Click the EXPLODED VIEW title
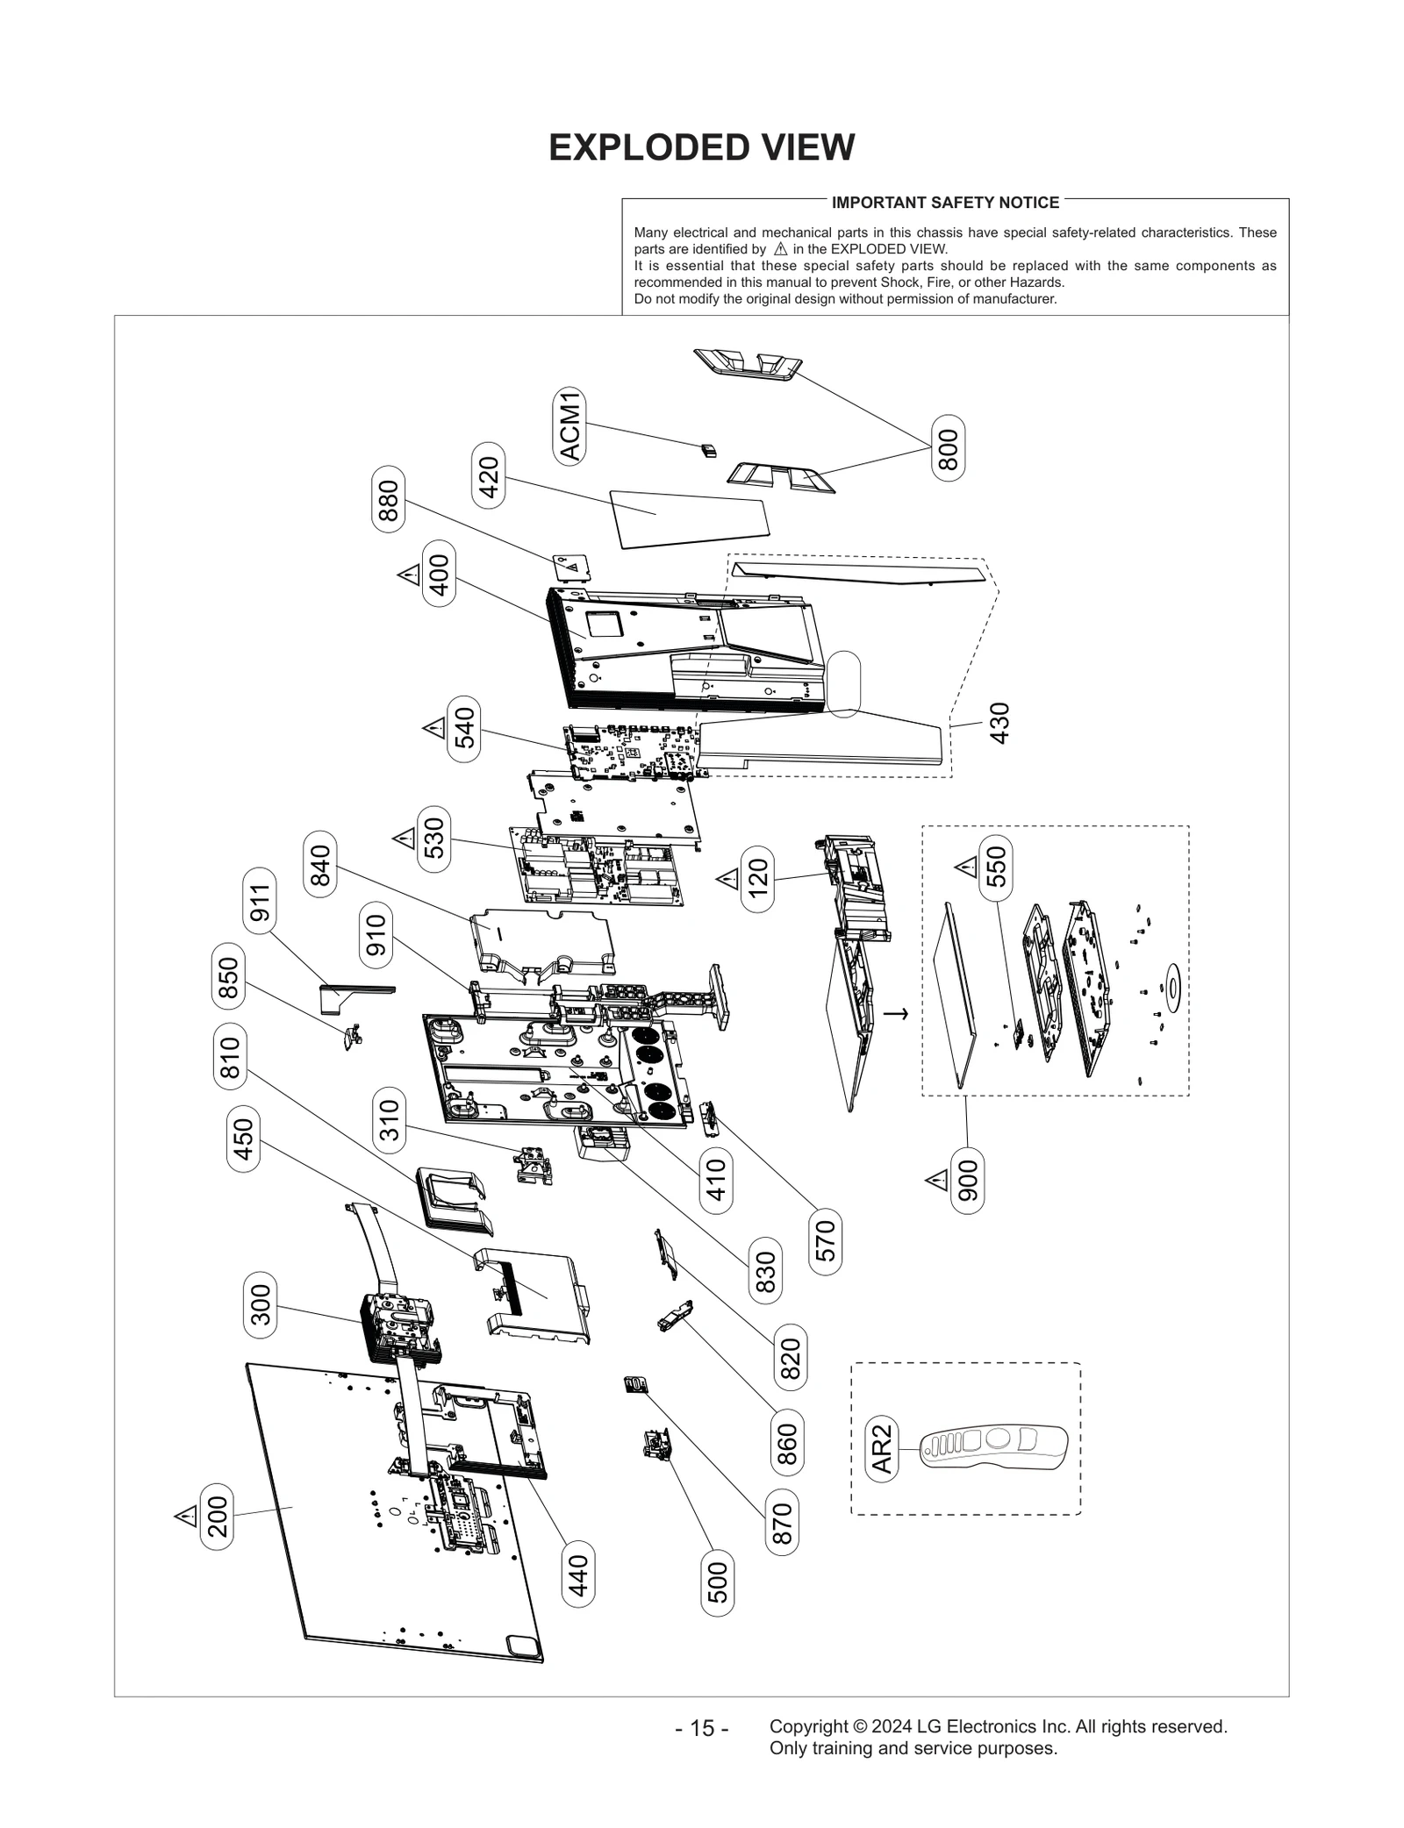[x=701, y=147]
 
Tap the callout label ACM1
[x=570, y=425]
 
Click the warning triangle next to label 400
[x=409, y=575]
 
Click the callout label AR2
[x=882, y=1448]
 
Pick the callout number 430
[x=999, y=724]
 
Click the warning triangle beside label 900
[x=937, y=1181]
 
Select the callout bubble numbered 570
[x=826, y=1241]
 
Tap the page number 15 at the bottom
[x=701, y=1728]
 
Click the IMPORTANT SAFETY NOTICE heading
[x=945, y=203]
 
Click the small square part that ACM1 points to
[x=709, y=451]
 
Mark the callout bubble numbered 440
[x=578, y=1575]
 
